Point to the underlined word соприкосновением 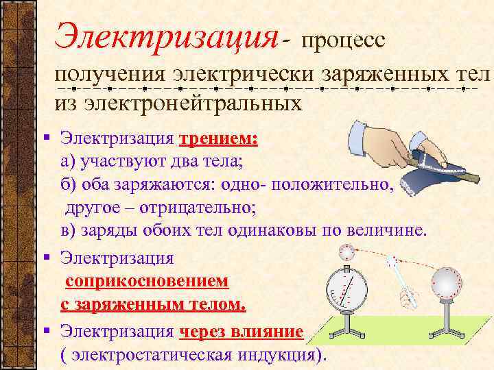point(148,282)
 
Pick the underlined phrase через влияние point(241,332)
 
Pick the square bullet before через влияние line point(45,332)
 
